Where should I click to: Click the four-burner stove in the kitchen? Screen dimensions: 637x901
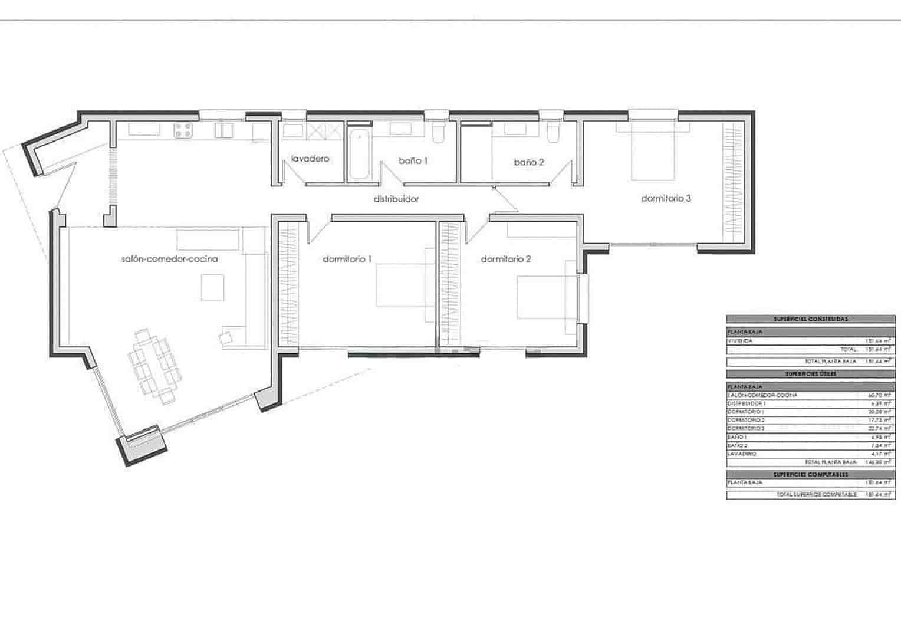pyautogui.click(x=183, y=130)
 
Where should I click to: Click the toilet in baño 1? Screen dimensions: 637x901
pyautogui.click(x=438, y=134)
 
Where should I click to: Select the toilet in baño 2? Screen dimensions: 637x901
pyautogui.click(x=553, y=134)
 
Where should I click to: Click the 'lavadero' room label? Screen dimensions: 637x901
pyautogui.click(x=310, y=159)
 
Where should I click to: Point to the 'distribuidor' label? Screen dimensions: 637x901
pyautogui.click(x=396, y=199)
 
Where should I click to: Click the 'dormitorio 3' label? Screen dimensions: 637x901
pyautogui.click(x=666, y=199)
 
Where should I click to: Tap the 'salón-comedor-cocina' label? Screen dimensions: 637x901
pyautogui.click(x=169, y=258)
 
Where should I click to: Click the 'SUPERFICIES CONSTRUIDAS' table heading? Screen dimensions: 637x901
pyautogui.click(x=810, y=319)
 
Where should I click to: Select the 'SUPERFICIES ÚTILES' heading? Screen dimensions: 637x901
pyautogui.click(x=810, y=374)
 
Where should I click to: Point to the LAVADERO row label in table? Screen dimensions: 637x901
pyautogui.click(x=742, y=454)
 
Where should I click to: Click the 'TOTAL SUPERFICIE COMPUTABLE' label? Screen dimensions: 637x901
pyautogui.click(x=817, y=495)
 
